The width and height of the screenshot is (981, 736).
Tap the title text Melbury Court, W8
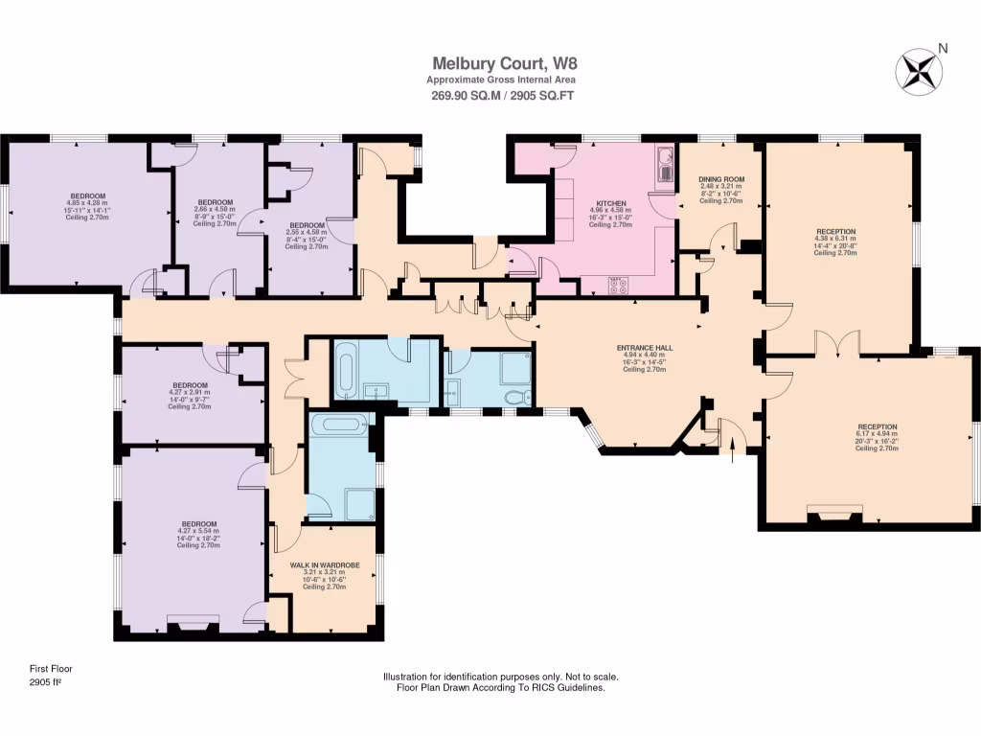pyautogui.click(x=490, y=64)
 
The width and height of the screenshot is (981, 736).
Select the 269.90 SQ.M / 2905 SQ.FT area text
pyautogui.click(x=490, y=95)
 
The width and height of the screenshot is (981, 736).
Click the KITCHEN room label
pyautogui.click(x=611, y=204)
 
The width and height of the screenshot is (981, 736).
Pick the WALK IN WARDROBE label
pyautogui.click(x=325, y=565)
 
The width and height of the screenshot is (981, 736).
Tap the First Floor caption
pyautogui.click(x=51, y=669)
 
